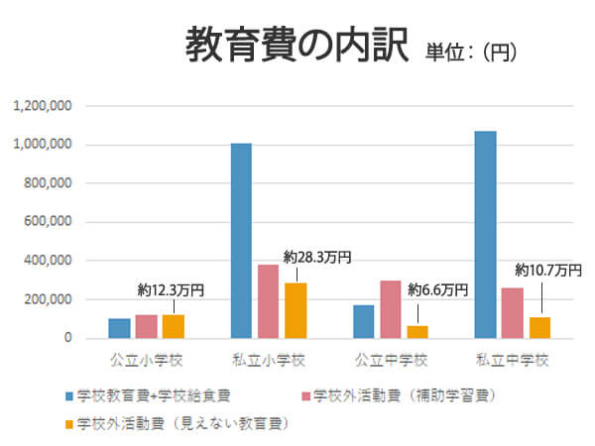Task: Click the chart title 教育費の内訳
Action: pos(297,46)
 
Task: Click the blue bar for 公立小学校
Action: pos(119,328)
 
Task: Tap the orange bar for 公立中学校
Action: pos(417,332)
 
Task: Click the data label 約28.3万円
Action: pos(316,258)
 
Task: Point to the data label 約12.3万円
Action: pos(171,290)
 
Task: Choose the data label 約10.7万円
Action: pos(547,270)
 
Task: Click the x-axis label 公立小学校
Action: pos(146,360)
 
